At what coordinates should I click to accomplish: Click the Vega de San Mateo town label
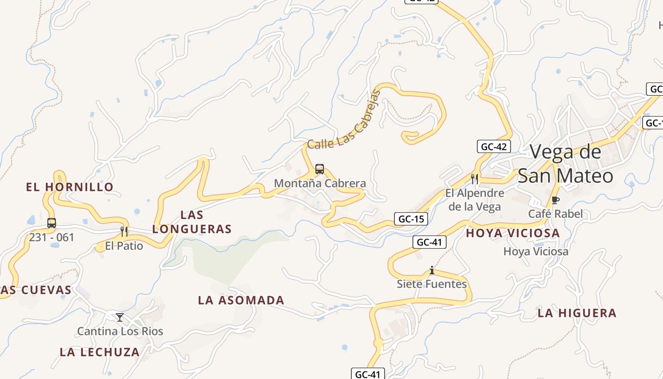coord(565,164)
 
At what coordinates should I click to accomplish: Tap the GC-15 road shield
coord(411,219)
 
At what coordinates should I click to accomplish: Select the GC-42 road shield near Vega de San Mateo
coord(493,146)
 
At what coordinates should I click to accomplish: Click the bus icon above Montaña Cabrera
coord(320,169)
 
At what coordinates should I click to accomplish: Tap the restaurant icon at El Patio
coord(124,232)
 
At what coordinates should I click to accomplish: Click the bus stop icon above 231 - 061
coord(52,223)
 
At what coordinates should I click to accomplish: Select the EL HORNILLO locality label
coord(70,187)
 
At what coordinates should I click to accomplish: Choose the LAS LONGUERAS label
coord(192,222)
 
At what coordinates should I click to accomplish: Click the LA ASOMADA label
coord(241,300)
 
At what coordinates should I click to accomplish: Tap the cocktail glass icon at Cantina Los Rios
coord(120,317)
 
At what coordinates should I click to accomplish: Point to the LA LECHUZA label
coord(100,352)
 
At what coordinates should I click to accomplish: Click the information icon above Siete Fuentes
coord(431,271)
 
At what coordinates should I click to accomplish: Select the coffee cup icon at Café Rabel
coord(555,200)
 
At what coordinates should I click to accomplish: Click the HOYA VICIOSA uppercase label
coord(513,233)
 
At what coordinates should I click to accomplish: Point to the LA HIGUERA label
coord(577,313)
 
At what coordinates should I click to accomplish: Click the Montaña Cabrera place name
coord(320,183)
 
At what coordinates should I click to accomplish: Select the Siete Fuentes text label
coord(431,284)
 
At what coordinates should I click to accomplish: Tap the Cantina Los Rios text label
coord(120,331)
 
